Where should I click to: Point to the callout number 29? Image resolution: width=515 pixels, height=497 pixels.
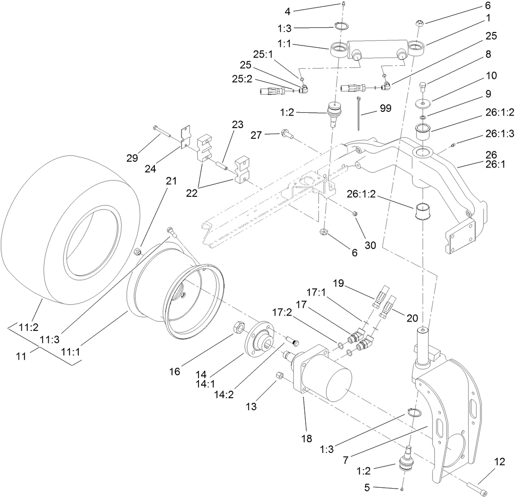tap(132, 158)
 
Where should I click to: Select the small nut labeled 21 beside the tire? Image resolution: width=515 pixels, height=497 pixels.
tap(137, 252)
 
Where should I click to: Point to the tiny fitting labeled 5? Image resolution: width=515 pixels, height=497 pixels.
tap(402, 489)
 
